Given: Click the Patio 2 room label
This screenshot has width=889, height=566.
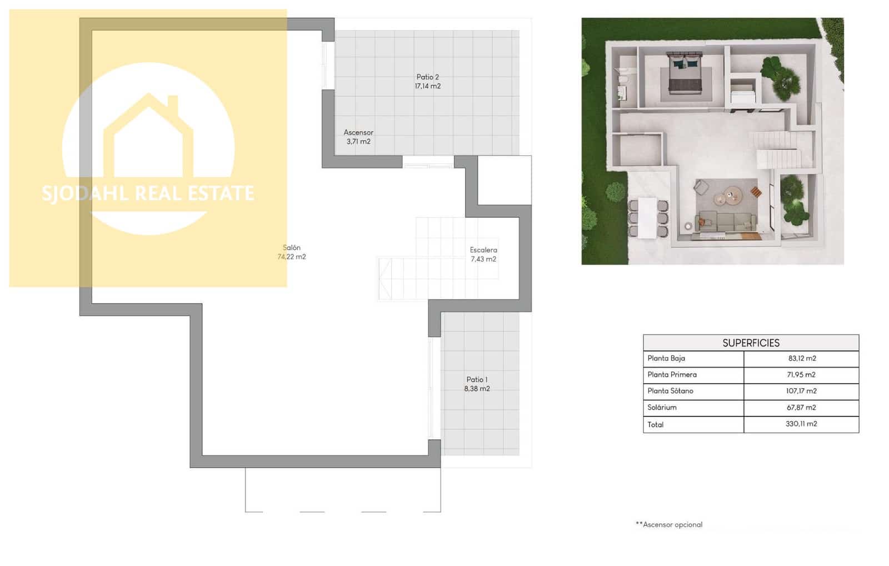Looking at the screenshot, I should [x=427, y=77].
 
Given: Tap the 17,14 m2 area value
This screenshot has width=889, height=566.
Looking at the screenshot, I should [x=427, y=86].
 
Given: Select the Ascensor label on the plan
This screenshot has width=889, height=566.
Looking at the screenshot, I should [x=358, y=132].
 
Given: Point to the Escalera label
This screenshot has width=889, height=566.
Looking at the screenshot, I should [x=483, y=250].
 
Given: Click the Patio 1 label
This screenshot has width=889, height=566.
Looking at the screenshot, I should [x=477, y=380].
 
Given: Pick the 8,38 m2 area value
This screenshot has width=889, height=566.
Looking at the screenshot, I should [x=477, y=389].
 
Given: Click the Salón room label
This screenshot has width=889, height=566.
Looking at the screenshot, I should [x=292, y=248].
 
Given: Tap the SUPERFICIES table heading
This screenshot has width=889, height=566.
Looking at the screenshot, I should [x=751, y=343].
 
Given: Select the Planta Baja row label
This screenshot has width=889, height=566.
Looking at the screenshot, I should [x=666, y=359].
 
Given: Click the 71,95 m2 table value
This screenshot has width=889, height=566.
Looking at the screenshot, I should [x=801, y=375].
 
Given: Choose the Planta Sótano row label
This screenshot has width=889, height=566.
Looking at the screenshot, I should [x=670, y=391].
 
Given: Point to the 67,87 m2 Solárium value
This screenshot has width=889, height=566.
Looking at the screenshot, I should [x=801, y=408].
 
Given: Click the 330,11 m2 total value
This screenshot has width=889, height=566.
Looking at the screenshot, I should [x=801, y=424].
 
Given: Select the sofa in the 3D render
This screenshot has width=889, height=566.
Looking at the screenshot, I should [x=727, y=221].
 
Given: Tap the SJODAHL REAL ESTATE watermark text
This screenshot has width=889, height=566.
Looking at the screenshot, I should [x=148, y=193].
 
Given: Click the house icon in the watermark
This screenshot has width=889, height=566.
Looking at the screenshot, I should [x=148, y=136].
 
